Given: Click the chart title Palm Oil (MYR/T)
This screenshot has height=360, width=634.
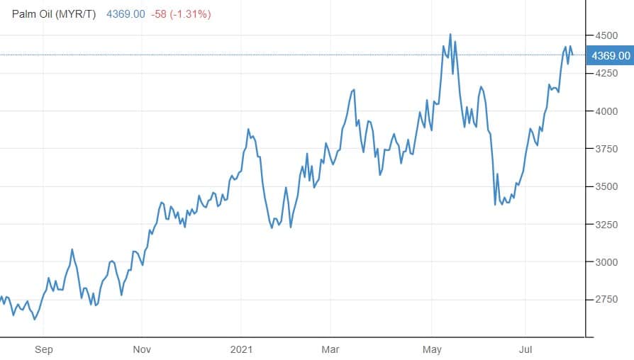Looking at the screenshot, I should click(x=55, y=14).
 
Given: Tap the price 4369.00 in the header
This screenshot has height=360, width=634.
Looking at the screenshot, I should click(x=126, y=14).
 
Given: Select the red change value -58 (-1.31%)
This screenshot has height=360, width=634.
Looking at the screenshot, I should click(x=180, y=14).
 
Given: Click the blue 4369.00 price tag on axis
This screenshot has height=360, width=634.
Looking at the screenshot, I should click(x=610, y=55).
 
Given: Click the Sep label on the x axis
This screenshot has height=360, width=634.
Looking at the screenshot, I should click(x=44, y=349).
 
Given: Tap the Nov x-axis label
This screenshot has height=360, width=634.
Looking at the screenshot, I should click(x=142, y=349).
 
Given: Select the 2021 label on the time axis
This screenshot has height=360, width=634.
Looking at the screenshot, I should click(x=242, y=349).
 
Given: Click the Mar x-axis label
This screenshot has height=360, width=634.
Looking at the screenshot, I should click(x=330, y=349).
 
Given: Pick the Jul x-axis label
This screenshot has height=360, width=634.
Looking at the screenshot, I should click(x=525, y=349).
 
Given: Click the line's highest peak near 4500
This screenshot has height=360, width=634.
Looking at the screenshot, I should click(x=450, y=34).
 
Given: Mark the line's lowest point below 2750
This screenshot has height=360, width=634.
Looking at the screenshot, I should click(x=35, y=320).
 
